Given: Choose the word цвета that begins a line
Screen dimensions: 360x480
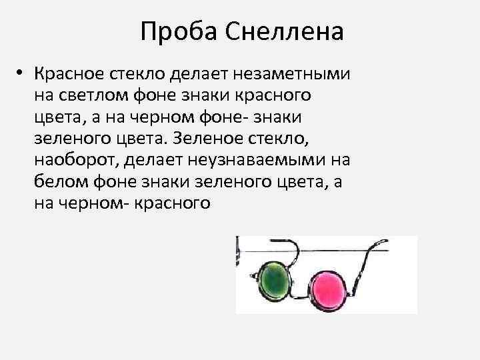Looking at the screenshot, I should click(x=55, y=117).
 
